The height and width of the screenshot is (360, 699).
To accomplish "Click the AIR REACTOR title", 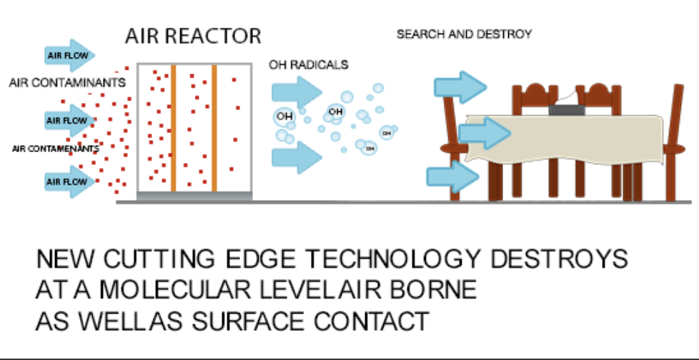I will coord(193,35).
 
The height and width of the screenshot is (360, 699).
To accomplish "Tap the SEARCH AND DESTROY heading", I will coord(464,34).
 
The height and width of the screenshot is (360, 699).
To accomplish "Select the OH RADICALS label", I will coord(309,65).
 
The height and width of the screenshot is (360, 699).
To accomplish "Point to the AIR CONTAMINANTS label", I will coord(67,83).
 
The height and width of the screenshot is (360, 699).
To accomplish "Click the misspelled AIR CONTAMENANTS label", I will coord(55,149).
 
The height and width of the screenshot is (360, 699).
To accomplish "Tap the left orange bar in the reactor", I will coord(173,129).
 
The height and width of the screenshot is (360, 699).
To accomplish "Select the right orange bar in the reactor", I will coord(214,129).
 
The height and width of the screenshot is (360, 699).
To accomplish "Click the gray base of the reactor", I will coord(194,195).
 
